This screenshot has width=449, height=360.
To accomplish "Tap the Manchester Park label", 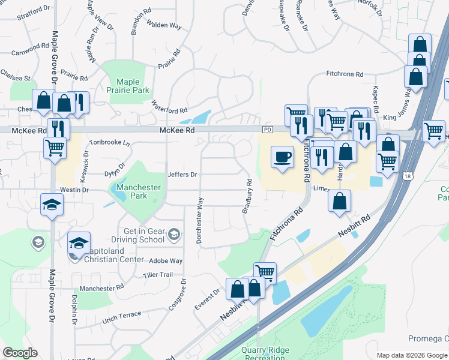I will click(139, 191).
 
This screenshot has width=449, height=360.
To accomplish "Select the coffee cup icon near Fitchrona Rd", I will click(283, 158).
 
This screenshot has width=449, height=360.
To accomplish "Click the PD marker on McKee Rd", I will click(267, 130).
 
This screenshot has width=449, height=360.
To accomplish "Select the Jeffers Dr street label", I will click(182, 175).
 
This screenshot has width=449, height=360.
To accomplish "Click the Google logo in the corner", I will click(20, 353).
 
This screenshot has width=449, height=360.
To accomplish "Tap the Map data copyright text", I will click(412, 355).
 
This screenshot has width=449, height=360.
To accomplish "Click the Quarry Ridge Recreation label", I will click(265, 353).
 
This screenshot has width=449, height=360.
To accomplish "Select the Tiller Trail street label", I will click(158, 275).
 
